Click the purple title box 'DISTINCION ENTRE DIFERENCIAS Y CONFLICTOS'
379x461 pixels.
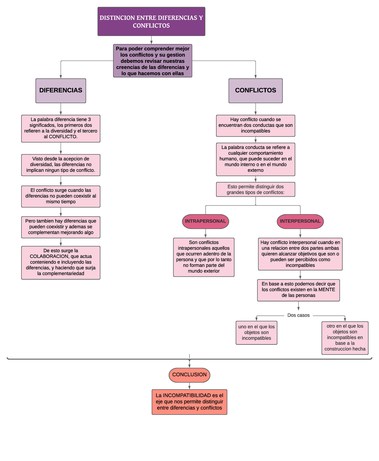point(151,21)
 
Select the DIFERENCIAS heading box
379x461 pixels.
point(61,91)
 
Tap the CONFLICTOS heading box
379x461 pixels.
point(256,91)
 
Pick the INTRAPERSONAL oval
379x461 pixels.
point(205,221)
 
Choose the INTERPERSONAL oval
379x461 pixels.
point(300,221)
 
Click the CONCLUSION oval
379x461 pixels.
point(189,375)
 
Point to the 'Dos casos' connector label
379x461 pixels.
point(298,315)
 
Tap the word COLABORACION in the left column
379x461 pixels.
point(49,256)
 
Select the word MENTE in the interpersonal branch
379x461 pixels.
point(327,290)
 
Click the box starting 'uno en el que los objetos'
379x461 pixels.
point(256,333)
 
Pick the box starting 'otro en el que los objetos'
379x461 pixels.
point(345,338)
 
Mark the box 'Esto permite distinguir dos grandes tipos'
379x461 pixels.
point(256,189)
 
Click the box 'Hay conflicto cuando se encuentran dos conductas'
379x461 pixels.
point(256,125)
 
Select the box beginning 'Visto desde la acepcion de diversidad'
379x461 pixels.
point(61,165)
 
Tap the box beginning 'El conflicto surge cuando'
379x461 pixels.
point(61,196)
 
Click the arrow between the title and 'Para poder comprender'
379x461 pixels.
point(151,40)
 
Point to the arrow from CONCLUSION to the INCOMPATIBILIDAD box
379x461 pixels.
point(189,386)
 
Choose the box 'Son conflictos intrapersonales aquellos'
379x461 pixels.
point(204,257)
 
